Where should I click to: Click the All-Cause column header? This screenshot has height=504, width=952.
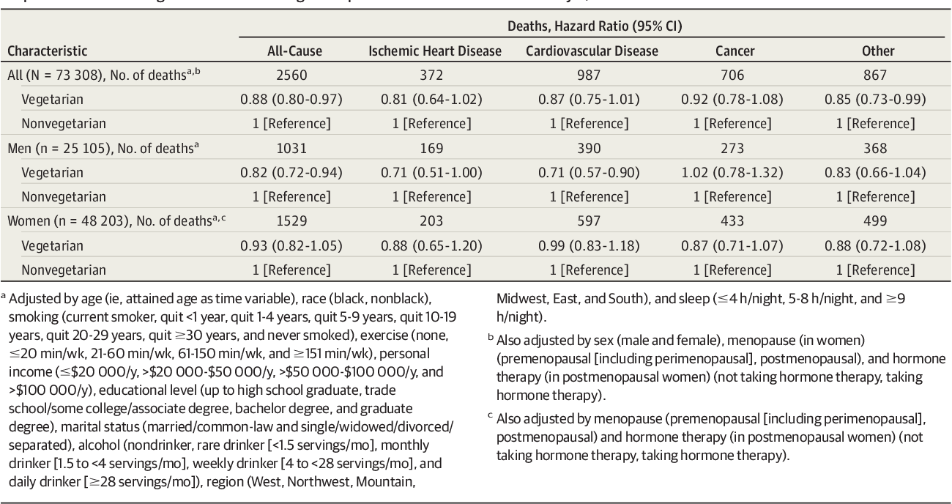(291, 51)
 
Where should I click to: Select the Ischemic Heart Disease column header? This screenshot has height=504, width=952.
(434, 51)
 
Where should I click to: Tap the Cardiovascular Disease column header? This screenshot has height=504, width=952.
(592, 51)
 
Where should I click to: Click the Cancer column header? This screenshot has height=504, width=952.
(733, 51)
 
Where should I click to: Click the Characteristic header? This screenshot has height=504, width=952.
(48, 51)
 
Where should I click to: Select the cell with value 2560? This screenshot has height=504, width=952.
(291, 75)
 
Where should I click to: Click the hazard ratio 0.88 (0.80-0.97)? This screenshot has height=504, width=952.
(291, 100)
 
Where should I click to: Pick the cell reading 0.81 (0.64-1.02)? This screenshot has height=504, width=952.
(434, 100)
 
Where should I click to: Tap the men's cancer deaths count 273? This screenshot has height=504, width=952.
(733, 149)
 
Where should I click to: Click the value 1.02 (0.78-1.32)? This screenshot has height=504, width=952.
(733, 173)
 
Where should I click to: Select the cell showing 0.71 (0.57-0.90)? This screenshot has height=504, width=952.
(592, 173)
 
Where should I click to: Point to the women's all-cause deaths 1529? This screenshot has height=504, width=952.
(291, 221)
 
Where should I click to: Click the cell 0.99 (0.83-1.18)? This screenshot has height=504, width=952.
(592, 245)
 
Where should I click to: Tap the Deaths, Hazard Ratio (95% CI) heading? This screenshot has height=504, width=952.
(592, 27)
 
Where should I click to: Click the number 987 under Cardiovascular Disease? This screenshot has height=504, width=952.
(592, 75)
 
